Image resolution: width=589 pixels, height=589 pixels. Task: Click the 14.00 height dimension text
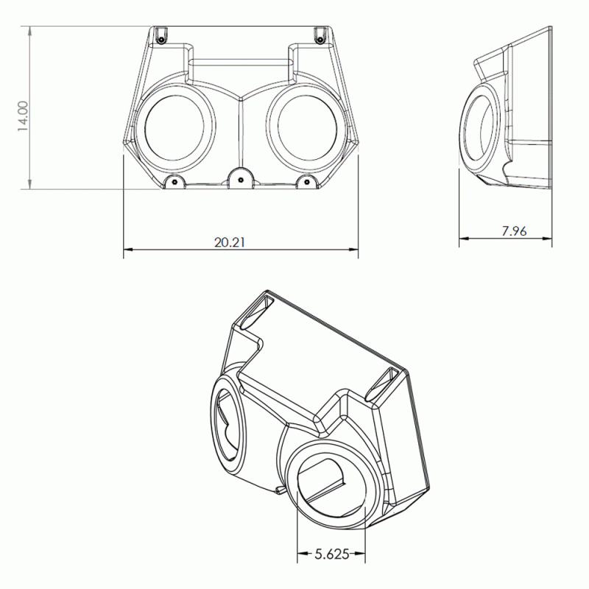tap(23, 116)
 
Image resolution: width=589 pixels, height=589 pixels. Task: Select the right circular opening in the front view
tap(306, 129)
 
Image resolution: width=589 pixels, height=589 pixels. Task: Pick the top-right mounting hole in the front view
tap(319, 35)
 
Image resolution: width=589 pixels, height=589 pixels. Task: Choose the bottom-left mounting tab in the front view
tap(174, 182)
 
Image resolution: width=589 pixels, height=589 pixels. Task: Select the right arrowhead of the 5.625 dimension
tap(364, 554)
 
